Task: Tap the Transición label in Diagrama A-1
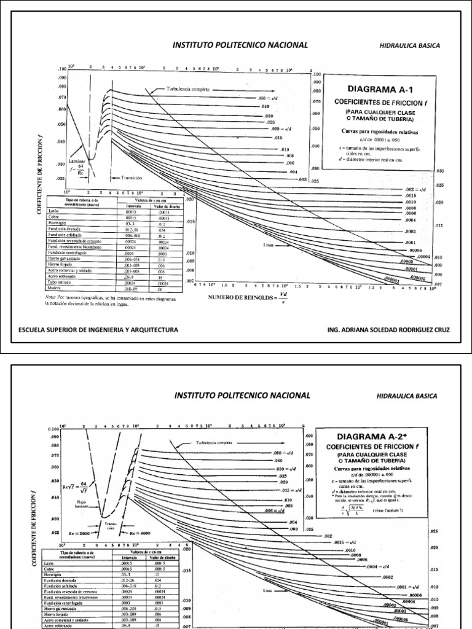(132, 178)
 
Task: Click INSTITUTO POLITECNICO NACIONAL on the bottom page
(242, 395)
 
